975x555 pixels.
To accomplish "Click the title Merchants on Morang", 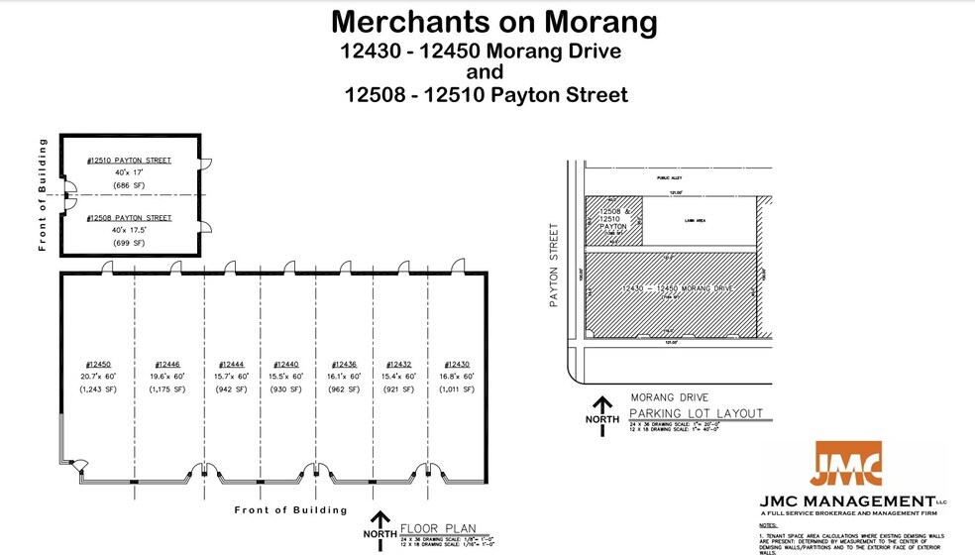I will [x=493, y=21].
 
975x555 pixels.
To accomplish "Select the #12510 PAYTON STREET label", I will [x=129, y=160].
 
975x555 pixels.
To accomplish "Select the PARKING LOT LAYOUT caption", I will [x=698, y=413].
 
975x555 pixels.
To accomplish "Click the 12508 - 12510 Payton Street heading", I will [x=486, y=95].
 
